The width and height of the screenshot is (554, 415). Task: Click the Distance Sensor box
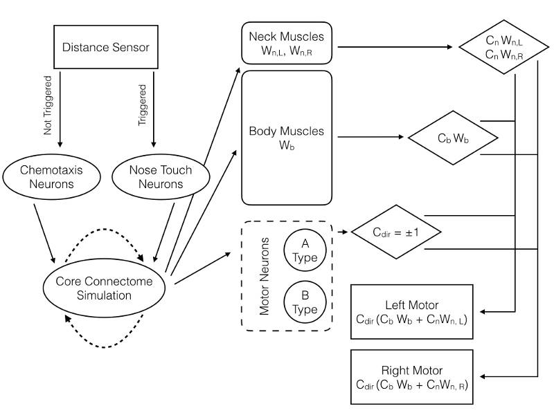click(x=106, y=48)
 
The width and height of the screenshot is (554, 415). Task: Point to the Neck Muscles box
click(x=286, y=43)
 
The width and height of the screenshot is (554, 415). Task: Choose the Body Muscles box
click(x=286, y=137)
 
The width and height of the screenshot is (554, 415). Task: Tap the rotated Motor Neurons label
click(x=265, y=277)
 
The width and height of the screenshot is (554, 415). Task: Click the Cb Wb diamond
click(x=453, y=137)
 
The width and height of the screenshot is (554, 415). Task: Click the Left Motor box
click(x=412, y=311)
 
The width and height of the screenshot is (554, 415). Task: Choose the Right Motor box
click(x=412, y=377)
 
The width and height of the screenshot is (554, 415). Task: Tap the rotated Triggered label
click(x=143, y=105)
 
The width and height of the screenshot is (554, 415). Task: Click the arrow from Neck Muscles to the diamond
click(x=395, y=48)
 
